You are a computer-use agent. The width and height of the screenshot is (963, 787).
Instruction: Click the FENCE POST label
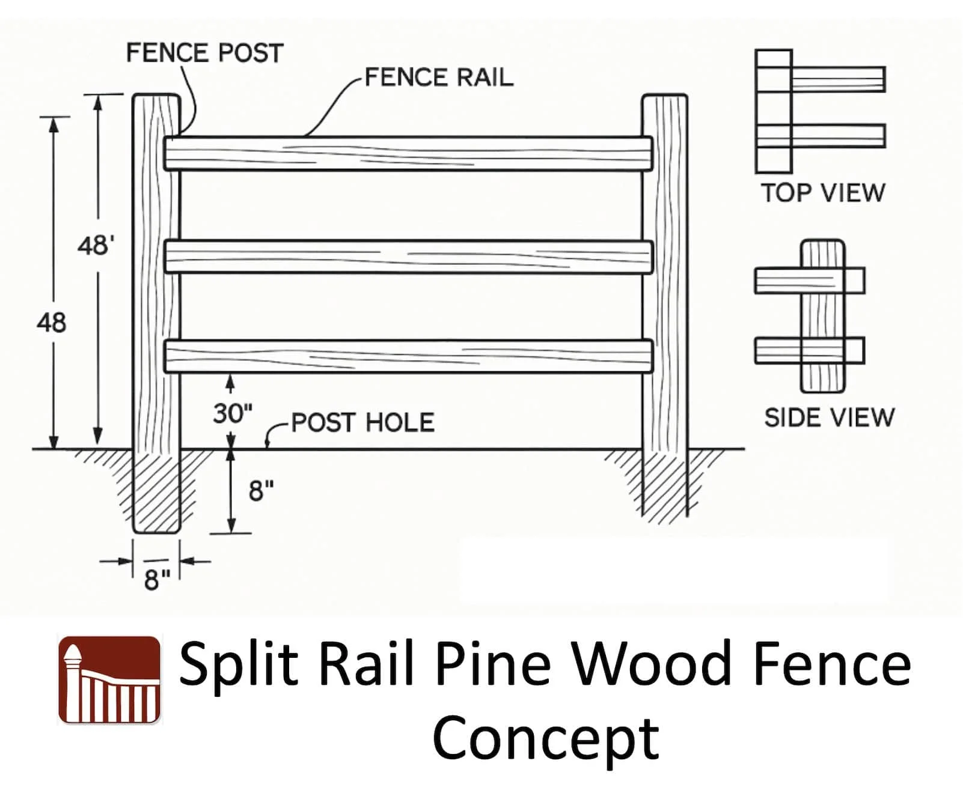(204, 53)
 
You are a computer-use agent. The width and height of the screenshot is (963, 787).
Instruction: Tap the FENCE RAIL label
(439, 77)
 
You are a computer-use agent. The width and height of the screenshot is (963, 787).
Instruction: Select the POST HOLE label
(362, 423)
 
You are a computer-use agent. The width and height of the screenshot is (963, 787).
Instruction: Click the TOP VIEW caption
(823, 193)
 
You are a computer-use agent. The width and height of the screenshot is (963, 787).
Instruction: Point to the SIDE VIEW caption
(829, 418)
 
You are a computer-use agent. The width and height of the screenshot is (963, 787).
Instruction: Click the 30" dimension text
(233, 413)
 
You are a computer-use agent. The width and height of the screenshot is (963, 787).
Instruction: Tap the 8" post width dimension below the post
(157, 580)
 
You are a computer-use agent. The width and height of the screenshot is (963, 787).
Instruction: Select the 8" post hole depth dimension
(261, 491)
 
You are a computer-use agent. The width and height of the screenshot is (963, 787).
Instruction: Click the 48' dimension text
(96, 246)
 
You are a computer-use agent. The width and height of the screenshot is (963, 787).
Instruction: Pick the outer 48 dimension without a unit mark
(51, 323)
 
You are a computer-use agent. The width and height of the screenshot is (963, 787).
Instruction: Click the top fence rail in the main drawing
(409, 154)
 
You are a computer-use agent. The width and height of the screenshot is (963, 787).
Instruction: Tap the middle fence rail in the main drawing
(409, 257)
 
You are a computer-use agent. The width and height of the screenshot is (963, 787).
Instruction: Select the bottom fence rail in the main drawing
(409, 356)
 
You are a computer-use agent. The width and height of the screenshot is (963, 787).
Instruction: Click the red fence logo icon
(109, 679)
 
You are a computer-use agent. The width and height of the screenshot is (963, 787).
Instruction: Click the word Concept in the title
(546, 738)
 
